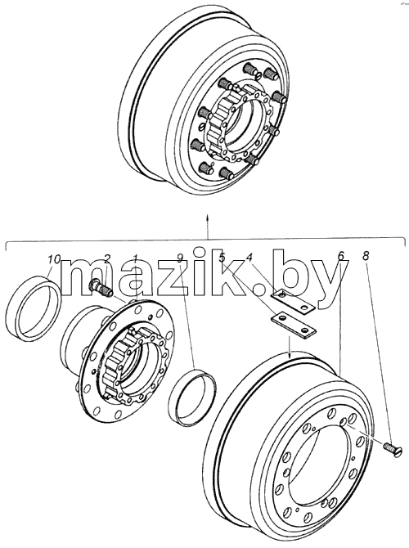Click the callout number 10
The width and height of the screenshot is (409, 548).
(54, 259)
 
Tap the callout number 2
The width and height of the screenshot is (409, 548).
(107, 258)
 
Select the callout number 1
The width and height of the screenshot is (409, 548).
(136, 259)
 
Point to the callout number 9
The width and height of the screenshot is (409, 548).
(180, 258)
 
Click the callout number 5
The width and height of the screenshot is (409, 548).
(222, 258)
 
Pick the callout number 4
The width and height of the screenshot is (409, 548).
(249, 258)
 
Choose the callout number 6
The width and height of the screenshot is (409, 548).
(341, 256)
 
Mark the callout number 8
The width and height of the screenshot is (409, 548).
(365, 256)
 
